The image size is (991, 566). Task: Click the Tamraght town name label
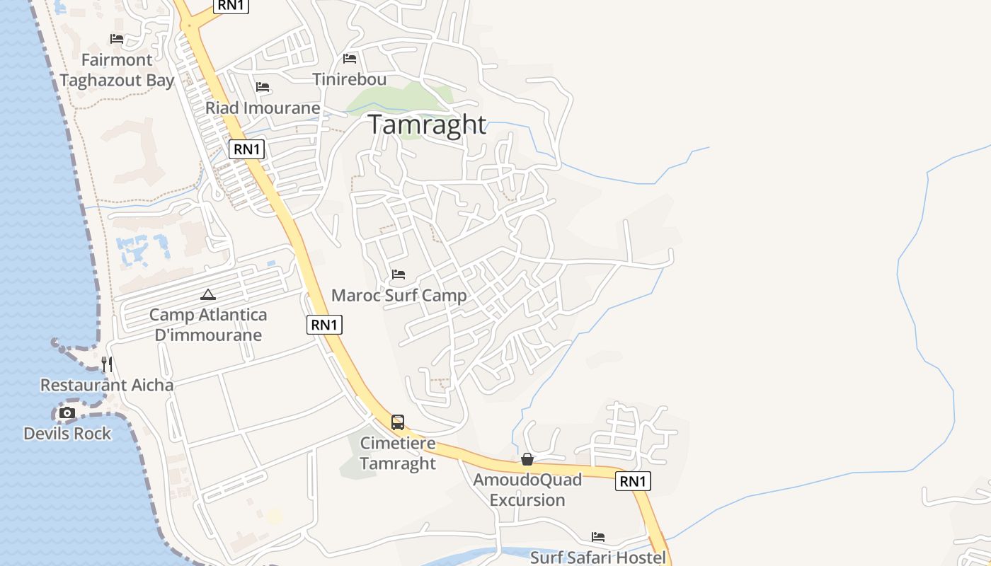pos(427,125)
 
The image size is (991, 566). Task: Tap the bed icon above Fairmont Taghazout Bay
pos(117,39)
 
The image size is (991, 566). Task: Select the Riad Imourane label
pos(263,108)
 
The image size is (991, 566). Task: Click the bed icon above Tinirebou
pos(349,59)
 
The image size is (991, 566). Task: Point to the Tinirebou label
pos(350,79)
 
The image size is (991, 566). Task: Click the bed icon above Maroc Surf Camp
pos(399,275)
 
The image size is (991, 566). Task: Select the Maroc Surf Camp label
pos(399,295)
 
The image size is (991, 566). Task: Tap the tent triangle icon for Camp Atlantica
pos(207,295)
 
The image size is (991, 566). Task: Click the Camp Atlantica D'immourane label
pos(208,325)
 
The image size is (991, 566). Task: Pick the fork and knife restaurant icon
pos(107,364)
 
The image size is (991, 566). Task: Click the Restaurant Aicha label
pos(107,385)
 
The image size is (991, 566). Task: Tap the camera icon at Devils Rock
pos(67,413)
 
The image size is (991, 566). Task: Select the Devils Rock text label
pos(67,433)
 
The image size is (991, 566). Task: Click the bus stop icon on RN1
pos(398,422)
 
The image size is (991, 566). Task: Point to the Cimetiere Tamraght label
pos(398,453)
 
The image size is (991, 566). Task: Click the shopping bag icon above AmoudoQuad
pos(527,460)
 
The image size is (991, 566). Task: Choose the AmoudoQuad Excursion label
pos(527,490)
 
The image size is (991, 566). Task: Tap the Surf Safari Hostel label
pos(598,557)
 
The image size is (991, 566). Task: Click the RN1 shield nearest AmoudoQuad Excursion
pos(633,481)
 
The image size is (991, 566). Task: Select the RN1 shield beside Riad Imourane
pos(247,149)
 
